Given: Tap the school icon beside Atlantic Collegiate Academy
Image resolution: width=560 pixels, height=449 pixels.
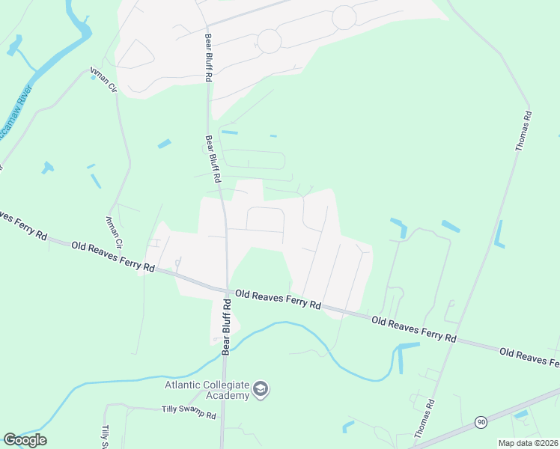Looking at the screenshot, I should (x=261, y=389).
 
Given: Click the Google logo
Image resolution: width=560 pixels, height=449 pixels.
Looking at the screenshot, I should (x=25, y=440).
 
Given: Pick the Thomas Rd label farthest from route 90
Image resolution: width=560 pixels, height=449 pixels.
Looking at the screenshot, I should (x=523, y=131).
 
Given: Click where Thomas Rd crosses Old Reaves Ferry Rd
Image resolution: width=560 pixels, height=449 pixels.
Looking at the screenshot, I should (x=459, y=341).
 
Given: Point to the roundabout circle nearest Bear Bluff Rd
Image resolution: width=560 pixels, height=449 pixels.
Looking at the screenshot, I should (x=269, y=41).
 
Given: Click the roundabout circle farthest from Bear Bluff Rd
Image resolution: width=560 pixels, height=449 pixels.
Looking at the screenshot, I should (x=344, y=16).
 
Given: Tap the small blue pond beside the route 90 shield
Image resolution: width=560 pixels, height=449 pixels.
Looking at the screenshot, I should (x=521, y=414).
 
